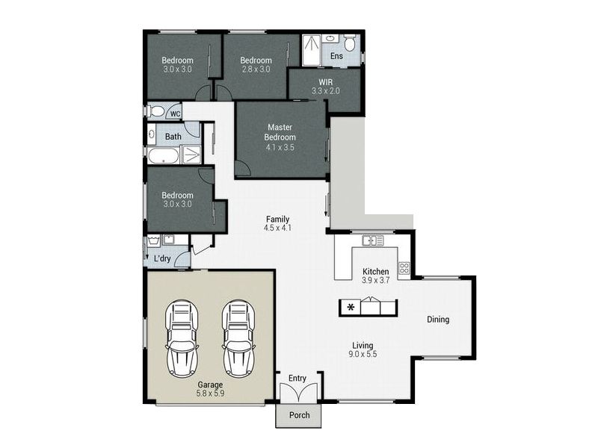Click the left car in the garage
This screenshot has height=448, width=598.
(x=182, y=339)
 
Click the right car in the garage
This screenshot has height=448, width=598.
(x=238, y=339)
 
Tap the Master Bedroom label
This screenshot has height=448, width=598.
(x=280, y=132)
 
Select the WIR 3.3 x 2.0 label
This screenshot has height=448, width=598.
(x=326, y=87)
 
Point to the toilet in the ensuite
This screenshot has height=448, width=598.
(x=349, y=43)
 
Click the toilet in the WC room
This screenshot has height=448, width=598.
(x=155, y=111)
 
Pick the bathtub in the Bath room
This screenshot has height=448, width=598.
(x=163, y=155)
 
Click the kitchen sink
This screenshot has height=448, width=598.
(x=372, y=240)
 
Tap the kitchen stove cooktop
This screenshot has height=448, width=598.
(x=404, y=268)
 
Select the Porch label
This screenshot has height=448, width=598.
(x=300, y=415)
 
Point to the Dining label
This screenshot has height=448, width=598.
(x=438, y=320)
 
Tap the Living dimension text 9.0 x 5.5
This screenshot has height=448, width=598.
(x=363, y=354)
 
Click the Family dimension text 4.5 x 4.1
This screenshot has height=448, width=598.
(x=277, y=228)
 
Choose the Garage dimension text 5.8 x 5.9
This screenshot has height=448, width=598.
(x=210, y=393)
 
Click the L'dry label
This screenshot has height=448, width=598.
(x=162, y=258)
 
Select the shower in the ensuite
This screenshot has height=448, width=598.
(x=312, y=50)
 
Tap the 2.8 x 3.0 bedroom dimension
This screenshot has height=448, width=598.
(x=256, y=69)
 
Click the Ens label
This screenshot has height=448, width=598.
(x=336, y=56)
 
